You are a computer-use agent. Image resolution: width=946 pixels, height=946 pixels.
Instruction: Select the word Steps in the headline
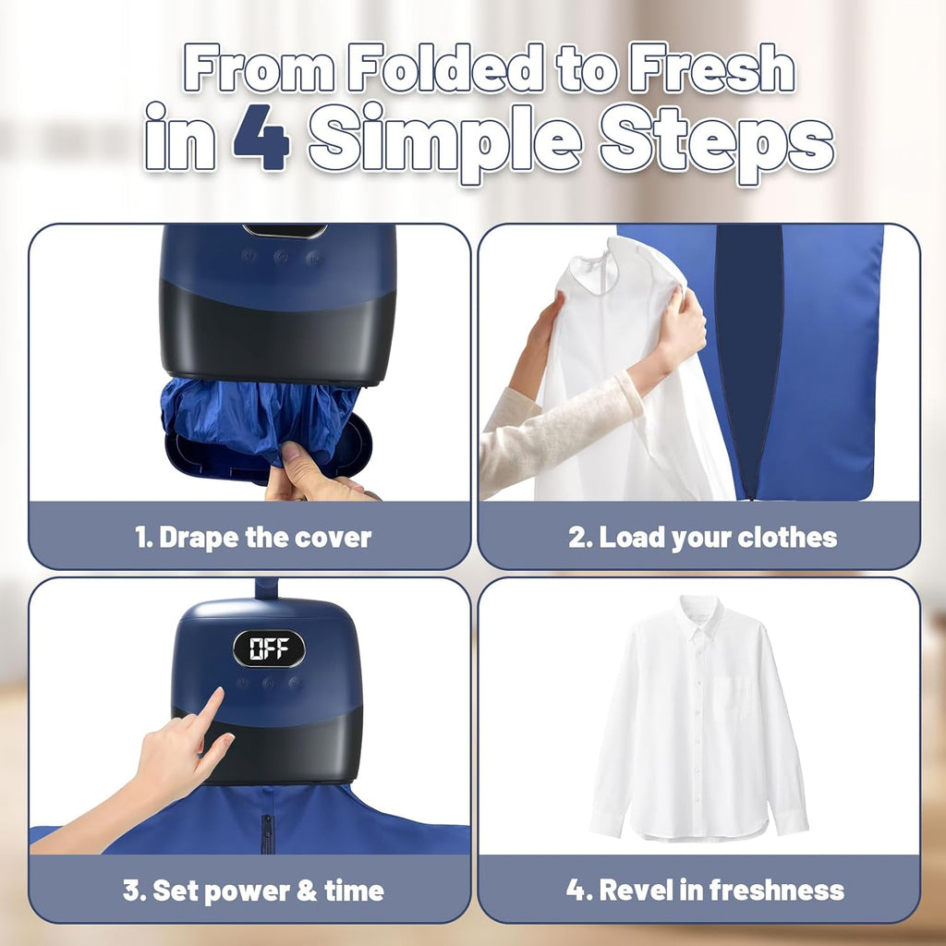(716, 140)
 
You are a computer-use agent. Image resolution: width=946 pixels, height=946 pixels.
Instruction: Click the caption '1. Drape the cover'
(253, 538)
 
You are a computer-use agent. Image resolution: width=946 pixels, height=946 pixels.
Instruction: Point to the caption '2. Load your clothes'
(702, 538)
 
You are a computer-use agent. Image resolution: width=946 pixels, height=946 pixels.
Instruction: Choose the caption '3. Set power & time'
(253, 891)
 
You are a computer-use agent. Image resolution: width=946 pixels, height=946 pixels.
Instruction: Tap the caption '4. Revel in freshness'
(705, 891)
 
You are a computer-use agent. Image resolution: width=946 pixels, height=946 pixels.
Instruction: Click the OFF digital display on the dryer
(268, 649)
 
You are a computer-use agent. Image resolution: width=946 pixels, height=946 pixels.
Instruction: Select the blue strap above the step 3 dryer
(267, 588)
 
